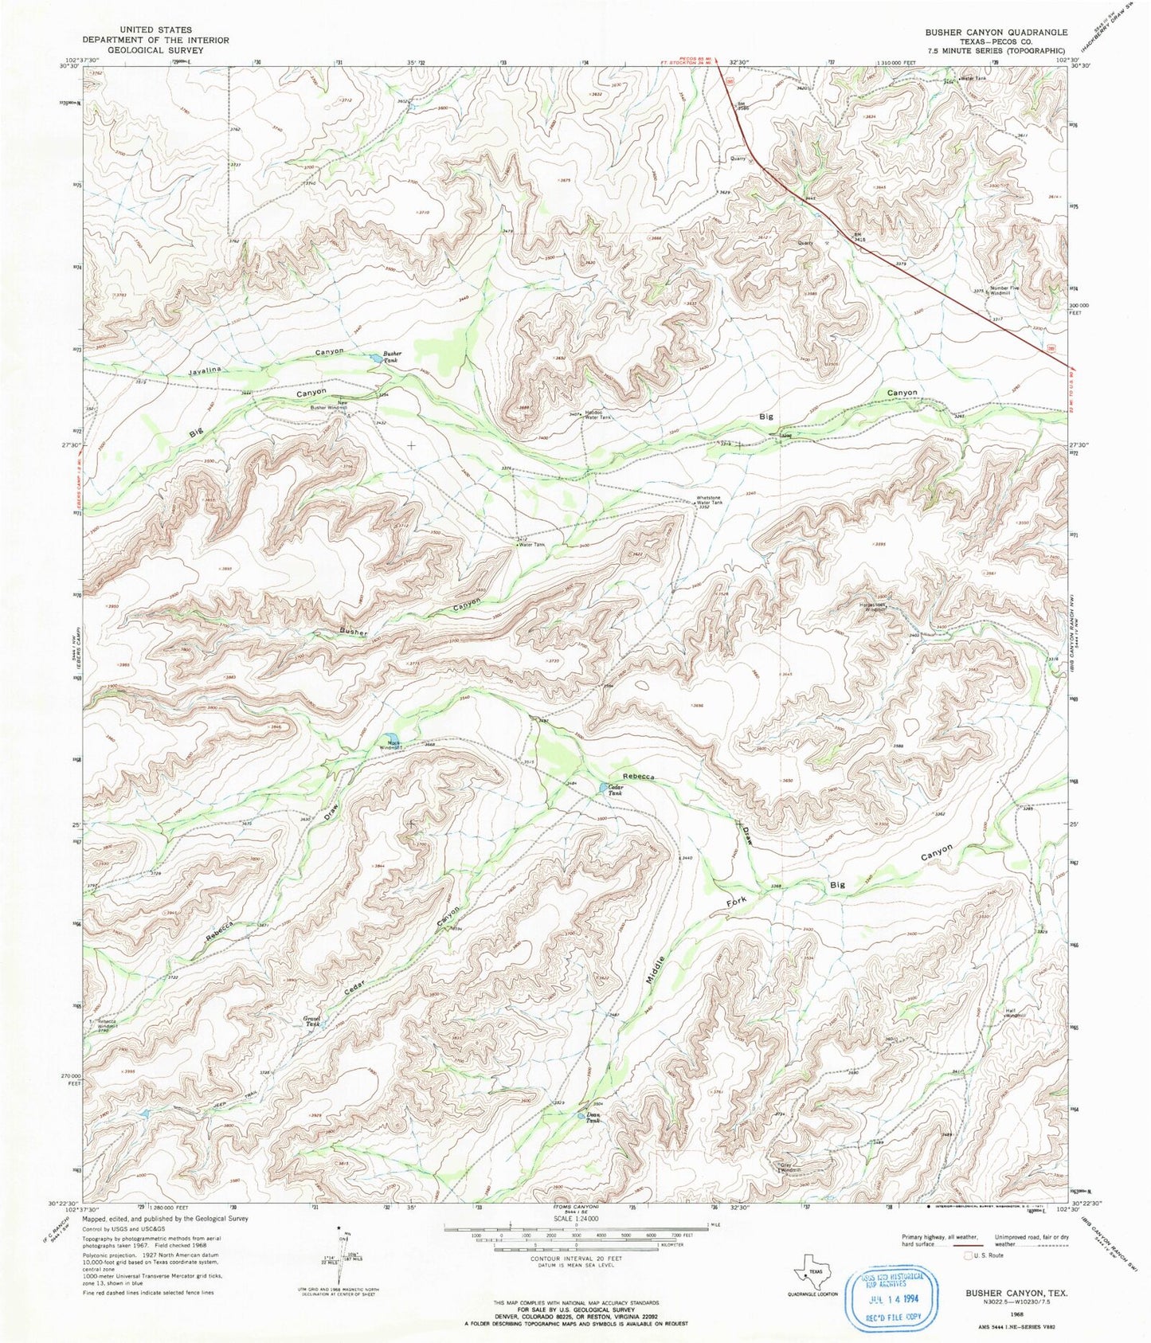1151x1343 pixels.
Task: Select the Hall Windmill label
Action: coord(1014,1013)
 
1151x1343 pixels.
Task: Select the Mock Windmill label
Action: coord(390,746)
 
